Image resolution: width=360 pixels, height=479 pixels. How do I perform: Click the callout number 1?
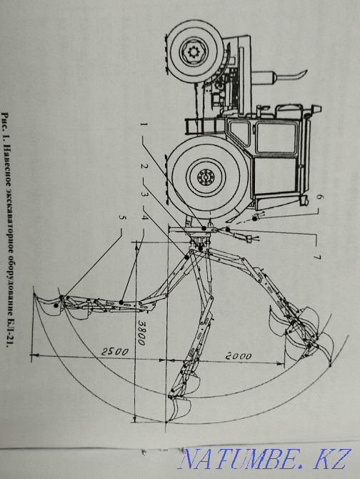click(x=144, y=124)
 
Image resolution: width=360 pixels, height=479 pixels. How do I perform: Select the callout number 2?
click(x=144, y=166)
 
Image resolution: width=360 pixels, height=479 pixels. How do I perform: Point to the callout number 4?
click(x=144, y=217)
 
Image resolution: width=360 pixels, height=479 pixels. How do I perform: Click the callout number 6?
click(x=318, y=197)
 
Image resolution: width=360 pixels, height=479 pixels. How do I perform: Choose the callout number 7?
click(x=317, y=257)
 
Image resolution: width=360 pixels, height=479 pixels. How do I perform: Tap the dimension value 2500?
click(x=115, y=352)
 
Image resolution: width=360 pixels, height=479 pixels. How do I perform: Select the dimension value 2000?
click(x=239, y=356)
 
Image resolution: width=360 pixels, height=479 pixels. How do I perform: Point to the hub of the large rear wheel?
click(x=206, y=177)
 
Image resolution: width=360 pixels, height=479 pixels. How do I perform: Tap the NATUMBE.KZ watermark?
click(x=264, y=459)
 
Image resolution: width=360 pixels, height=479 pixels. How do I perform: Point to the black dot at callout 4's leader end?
click(x=121, y=302)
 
